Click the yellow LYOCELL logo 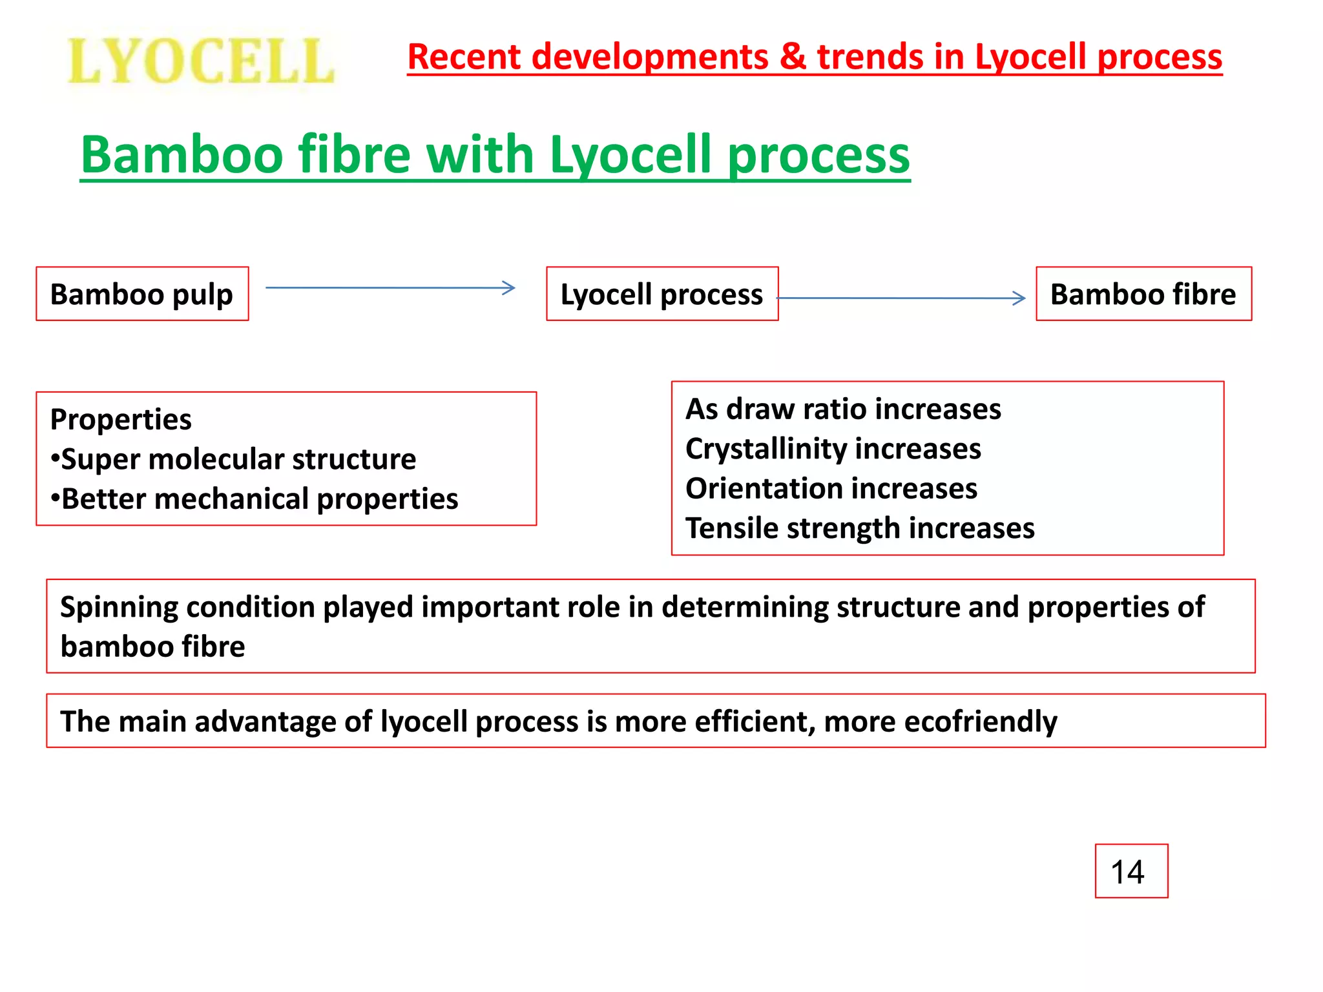[200, 61]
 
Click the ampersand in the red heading [793, 57]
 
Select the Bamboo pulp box [142, 294]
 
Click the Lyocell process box [661, 294]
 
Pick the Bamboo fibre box [1143, 294]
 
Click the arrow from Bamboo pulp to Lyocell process [390, 288]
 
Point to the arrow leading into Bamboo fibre [901, 298]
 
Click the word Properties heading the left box [121, 420]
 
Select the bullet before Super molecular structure [55, 459]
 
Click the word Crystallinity [766, 449]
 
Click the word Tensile [731, 528]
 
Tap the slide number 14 [1127, 872]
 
